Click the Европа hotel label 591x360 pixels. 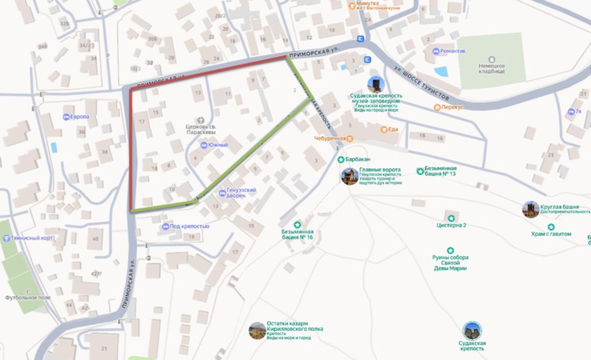[x=80, y=117]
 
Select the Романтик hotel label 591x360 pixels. [x=452, y=51]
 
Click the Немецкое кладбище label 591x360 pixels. [x=492, y=69]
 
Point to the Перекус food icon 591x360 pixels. [x=437, y=107]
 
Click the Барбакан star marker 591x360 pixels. [x=340, y=159]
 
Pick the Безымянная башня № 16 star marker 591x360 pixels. [x=298, y=225]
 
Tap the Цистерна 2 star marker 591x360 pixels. [x=451, y=218]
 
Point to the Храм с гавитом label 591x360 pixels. [x=551, y=234]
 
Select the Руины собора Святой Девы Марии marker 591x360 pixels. [x=451, y=250]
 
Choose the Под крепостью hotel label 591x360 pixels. [x=191, y=227]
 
